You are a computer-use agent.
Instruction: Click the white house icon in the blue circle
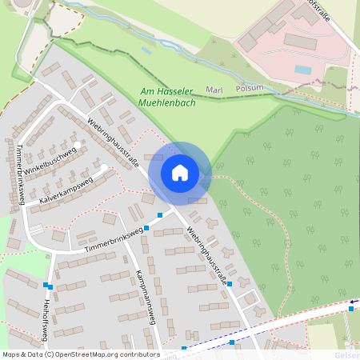tap(179, 172)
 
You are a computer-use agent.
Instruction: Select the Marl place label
tap(214, 90)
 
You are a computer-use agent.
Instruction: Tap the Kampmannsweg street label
tap(144, 294)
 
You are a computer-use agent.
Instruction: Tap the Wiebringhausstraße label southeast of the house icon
tap(207, 255)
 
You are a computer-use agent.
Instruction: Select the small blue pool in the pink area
tap(302, 70)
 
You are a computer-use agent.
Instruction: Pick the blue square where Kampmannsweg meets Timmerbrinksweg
tap(146, 228)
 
